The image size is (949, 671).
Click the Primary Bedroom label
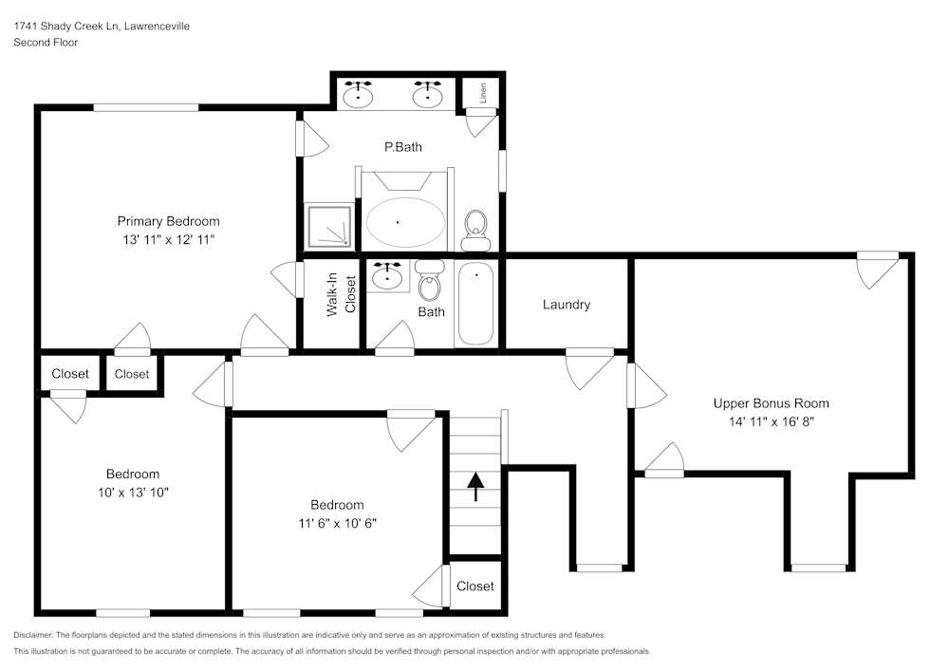pos(168,221)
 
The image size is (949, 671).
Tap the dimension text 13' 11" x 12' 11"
pos(168,240)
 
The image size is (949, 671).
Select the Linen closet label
pos(483,93)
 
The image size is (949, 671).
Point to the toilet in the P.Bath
pos(475,226)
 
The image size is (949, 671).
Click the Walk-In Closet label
pos(342,295)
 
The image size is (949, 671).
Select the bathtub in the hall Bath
pos(475,305)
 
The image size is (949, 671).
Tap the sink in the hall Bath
pos(387,276)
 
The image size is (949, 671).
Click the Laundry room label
pos(567,305)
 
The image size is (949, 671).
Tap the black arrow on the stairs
pos(474,487)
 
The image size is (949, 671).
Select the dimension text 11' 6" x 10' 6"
pos(337,523)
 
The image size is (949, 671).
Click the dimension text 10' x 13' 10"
pos(132,492)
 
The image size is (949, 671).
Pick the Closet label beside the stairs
pos(474,587)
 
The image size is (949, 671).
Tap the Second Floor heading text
pos(46,43)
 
